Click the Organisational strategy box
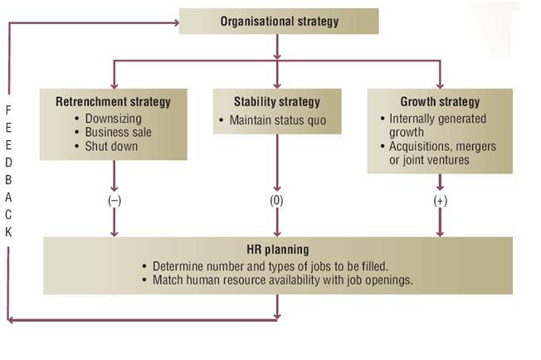pos(279,22)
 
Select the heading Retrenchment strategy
pos(113,102)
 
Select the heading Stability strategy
pos(277,102)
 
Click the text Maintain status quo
pos(278,121)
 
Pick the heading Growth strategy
pos(439,102)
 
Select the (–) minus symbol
pos(115,202)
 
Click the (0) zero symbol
pos(277,202)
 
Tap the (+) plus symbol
pos(440,202)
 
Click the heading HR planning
pos(277,249)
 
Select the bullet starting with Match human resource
pos(282,280)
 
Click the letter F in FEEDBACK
pos(8,110)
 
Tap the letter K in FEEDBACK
pos(8,232)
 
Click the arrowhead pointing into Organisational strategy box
pos(175,22)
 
